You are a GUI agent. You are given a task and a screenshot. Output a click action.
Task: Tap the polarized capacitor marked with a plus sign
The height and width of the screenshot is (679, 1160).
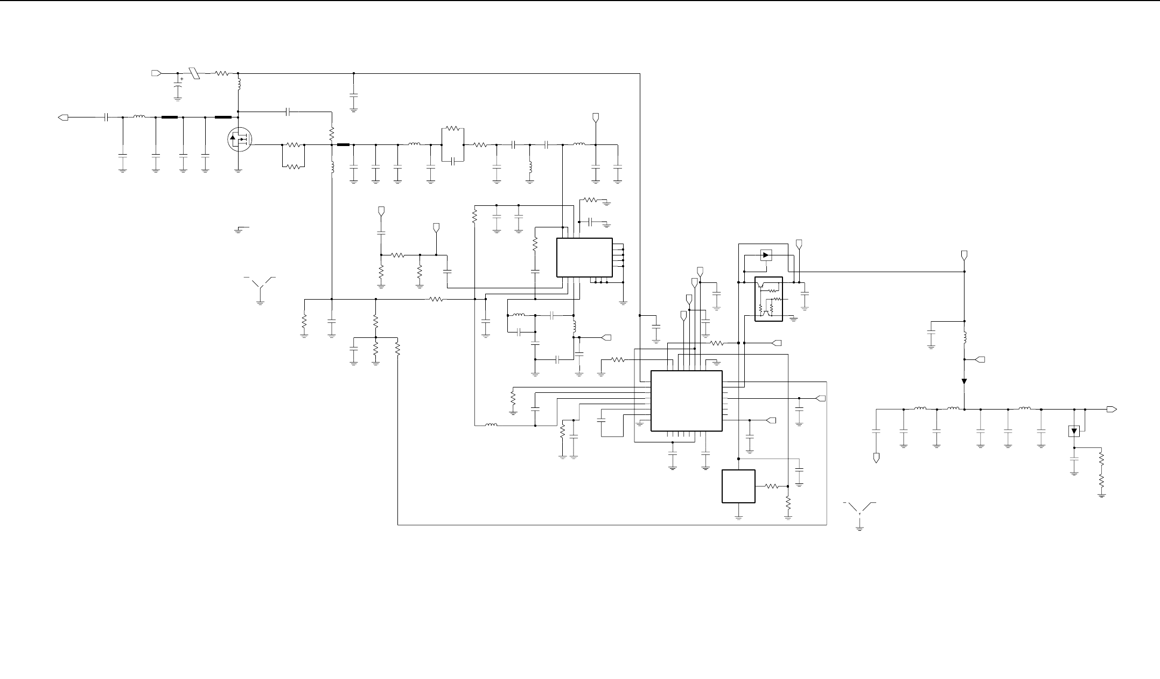178,86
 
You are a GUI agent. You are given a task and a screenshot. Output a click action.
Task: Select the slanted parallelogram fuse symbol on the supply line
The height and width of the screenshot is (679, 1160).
194,73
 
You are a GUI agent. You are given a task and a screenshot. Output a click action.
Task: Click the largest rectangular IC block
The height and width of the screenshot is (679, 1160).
686,400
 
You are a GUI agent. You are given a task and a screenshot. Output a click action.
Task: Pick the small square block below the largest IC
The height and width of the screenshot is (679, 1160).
738,486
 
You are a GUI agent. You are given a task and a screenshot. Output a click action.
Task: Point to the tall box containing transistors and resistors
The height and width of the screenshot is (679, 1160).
768,299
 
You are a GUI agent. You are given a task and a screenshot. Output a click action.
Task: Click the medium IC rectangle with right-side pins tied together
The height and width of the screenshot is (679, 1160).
584,258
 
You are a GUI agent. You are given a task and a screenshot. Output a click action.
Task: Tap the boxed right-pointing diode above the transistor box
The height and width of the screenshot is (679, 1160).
766,255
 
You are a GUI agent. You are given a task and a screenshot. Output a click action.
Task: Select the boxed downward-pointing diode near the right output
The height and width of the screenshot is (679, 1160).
1074,431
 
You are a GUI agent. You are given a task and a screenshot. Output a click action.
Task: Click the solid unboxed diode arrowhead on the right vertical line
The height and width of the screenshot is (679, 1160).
964,382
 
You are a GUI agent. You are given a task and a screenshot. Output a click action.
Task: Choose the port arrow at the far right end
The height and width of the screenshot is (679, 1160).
1111,410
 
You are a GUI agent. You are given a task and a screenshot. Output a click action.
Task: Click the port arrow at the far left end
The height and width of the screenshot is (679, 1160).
63,117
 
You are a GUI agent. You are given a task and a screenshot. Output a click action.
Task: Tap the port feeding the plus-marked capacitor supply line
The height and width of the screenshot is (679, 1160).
156,73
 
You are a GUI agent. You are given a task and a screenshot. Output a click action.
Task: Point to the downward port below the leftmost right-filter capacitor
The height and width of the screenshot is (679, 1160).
877,458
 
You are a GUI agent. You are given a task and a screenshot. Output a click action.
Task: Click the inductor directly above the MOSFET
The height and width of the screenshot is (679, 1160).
239,84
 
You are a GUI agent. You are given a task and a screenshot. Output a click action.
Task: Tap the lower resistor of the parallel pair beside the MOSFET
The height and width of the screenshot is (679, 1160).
294,167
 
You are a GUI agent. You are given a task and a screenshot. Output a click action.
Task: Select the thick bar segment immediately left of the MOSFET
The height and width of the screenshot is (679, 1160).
222,117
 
